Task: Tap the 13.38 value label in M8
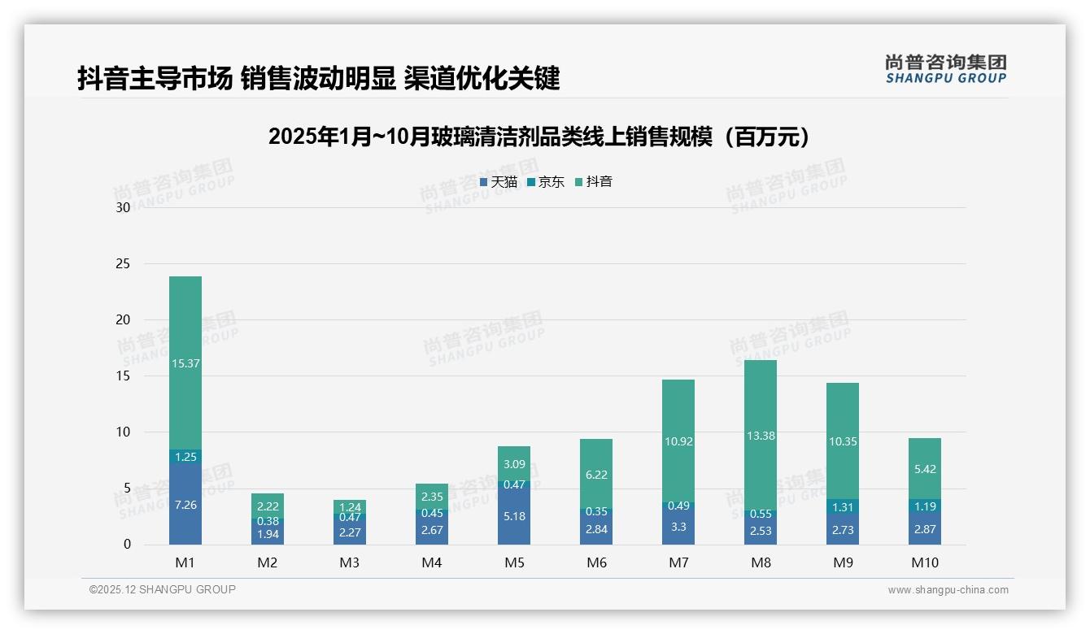(x=761, y=436)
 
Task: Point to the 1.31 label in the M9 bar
(x=843, y=507)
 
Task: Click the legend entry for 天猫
(x=499, y=182)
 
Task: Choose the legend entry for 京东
(x=546, y=182)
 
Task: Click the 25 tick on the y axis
(x=123, y=263)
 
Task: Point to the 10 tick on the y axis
(x=123, y=432)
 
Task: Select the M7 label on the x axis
(x=678, y=562)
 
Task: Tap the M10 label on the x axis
(x=925, y=562)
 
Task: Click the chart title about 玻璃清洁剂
(x=540, y=137)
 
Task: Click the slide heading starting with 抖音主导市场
(x=319, y=79)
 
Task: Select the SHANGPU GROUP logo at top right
(x=945, y=69)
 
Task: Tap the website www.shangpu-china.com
(x=948, y=590)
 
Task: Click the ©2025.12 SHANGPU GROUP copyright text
(x=163, y=590)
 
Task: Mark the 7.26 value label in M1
(x=185, y=505)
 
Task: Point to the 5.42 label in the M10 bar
(x=925, y=469)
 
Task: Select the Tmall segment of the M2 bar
(x=268, y=534)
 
